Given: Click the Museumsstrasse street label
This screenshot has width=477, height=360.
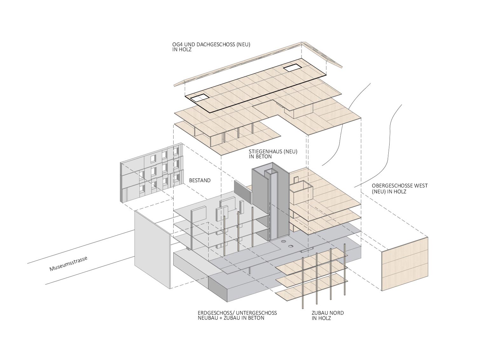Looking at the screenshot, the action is pos(68,264).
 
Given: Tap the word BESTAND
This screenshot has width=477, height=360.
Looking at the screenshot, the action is pos(200,180).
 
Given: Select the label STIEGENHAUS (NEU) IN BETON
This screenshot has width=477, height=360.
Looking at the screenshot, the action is pos(273,154).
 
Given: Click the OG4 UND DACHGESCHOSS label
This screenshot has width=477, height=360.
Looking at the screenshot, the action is pos(211,47).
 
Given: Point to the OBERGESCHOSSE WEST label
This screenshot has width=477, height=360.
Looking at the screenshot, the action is pos(400,188).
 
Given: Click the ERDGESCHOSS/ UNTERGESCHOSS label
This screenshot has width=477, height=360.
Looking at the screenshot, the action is pos(237,315).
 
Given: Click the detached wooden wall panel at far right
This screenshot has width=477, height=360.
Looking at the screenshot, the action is pos(405,264).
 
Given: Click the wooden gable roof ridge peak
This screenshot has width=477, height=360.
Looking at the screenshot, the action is pos(301,43).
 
